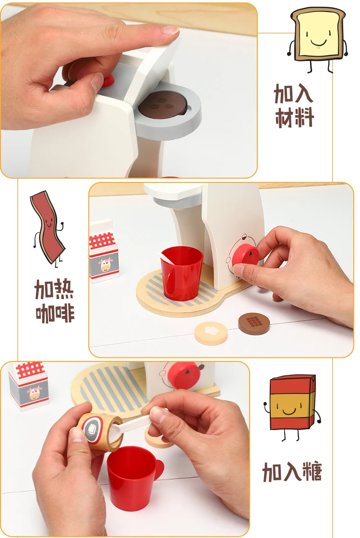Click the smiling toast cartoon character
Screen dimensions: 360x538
tap(317, 39)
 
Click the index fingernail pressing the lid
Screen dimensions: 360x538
tap(170, 31)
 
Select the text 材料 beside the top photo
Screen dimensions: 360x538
tap(295, 118)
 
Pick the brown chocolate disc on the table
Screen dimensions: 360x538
tap(254, 323)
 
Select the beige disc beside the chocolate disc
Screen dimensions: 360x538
tap(211, 333)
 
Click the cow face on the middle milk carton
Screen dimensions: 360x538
tap(105, 264)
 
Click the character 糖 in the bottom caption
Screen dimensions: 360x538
tap(312, 472)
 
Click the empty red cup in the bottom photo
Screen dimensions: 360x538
tap(133, 477)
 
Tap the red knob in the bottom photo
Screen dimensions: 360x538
tap(184, 376)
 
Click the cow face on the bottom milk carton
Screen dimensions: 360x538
tap(35, 393)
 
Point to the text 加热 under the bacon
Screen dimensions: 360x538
tap(54, 289)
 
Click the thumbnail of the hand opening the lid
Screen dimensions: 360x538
tap(97, 81)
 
